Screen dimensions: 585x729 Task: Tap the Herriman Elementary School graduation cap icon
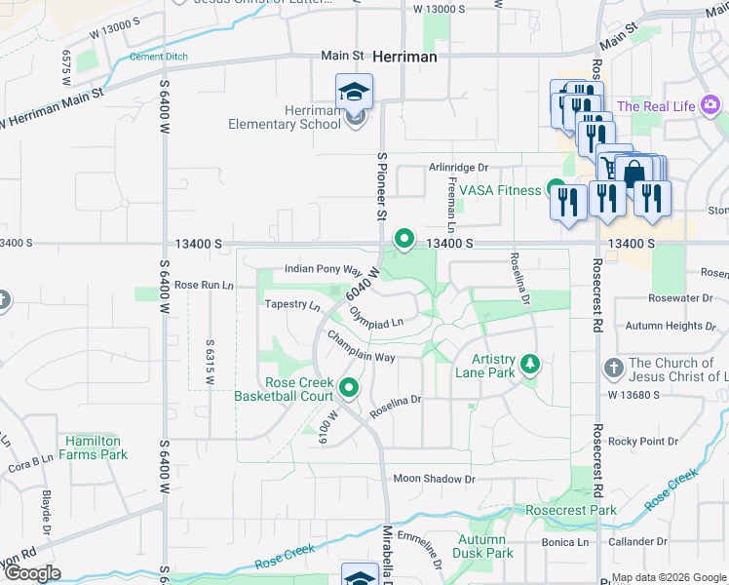(x=354, y=93)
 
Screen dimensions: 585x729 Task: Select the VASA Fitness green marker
(x=556, y=188)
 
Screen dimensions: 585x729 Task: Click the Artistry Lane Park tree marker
(x=529, y=365)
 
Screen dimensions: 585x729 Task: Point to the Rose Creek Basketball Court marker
(x=349, y=390)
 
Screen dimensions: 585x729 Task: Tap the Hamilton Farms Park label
(x=93, y=448)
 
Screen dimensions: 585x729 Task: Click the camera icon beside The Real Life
(x=710, y=104)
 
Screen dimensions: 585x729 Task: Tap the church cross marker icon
(x=613, y=368)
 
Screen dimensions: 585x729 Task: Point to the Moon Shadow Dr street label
(x=434, y=479)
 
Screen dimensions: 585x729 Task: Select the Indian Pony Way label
(x=323, y=269)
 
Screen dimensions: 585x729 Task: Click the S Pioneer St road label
(x=382, y=185)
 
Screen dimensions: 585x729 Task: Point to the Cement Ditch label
(x=158, y=57)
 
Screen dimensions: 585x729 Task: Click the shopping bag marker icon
(x=634, y=175)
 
